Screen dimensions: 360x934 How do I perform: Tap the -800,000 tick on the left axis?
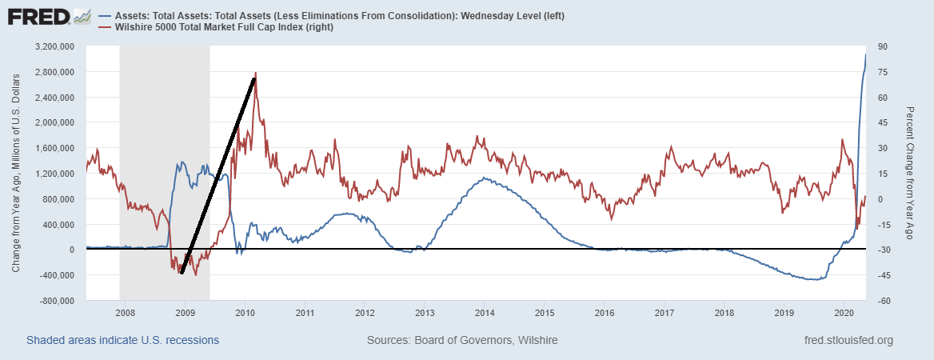(56, 301)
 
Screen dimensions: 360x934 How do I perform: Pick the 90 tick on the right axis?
(882, 47)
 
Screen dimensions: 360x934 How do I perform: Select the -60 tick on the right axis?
(884, 301)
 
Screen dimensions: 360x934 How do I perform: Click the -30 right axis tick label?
(884, 250)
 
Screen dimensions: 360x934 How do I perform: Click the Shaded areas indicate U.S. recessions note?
(122, 340)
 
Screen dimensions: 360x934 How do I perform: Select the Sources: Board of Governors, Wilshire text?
(462, 340)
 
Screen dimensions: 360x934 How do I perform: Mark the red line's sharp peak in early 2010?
(255, 74)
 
